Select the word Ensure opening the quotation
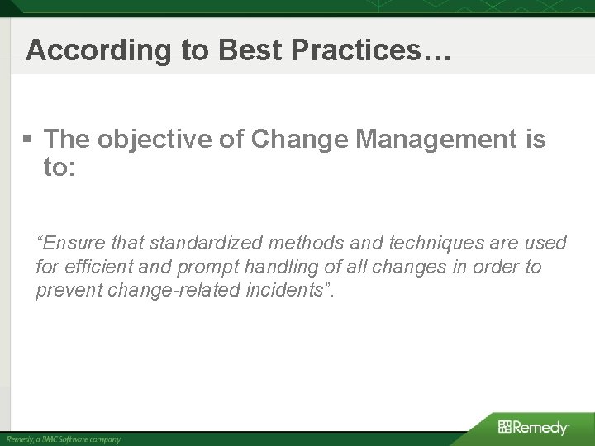[x=68, y=243]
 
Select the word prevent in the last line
[x=64, y=291]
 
